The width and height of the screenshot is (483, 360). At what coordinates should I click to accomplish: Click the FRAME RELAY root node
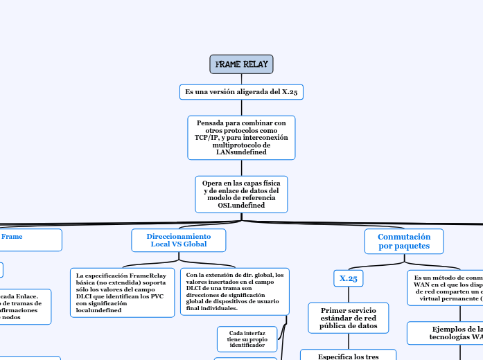(x=241, y=64)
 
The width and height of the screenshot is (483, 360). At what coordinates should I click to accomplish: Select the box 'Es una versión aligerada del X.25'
(x=241, y=92)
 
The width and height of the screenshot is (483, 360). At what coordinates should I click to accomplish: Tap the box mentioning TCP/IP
(x=241, y=137)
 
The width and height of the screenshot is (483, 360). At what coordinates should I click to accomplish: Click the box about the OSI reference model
(x=241, y=195)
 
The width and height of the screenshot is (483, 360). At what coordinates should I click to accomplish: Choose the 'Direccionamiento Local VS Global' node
(x=179, y=240)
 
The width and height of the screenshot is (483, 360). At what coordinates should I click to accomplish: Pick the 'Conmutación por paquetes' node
(x=404, y=241)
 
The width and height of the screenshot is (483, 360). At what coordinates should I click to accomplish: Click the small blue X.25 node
(x=349, y=278)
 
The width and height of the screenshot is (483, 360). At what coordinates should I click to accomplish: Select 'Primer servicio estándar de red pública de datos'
(x=349, y=318)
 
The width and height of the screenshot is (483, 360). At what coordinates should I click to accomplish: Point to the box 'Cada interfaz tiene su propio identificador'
(x=247, y=339)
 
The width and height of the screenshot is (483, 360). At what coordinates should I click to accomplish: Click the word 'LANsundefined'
(x=241, y=152)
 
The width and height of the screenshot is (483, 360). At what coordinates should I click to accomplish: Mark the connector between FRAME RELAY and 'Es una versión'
(x=241, y=79)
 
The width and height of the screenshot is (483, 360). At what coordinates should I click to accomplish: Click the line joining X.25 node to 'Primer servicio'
(x=349, y=294)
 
